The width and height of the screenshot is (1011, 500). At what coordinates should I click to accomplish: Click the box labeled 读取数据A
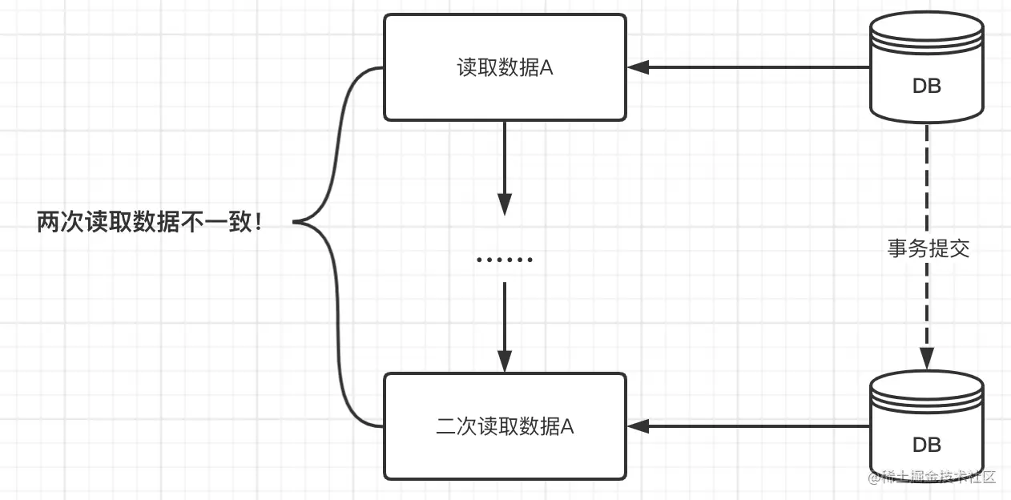coord(505,68)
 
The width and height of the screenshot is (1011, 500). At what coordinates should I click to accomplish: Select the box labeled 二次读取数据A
coord(505,426)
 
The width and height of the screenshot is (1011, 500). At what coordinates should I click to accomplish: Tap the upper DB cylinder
coord(927,68)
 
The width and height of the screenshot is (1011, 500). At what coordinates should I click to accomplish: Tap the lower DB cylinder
coord(927,425)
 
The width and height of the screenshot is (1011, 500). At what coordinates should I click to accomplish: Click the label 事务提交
coord(928,248)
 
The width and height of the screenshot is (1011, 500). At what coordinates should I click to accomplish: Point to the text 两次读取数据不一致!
coord(150,222)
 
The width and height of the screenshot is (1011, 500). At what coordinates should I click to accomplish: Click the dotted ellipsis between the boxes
coord(504,260)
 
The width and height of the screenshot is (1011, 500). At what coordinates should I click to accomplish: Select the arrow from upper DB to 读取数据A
coord(753,68)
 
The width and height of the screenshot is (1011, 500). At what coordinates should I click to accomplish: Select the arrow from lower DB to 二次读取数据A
coord(753,426)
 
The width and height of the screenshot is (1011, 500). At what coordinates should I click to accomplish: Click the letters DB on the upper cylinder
coord(927,87)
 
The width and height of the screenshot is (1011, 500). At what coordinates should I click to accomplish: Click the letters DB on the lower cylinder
coord(927,444)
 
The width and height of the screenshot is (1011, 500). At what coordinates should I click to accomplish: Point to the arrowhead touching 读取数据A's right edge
coord(638,68)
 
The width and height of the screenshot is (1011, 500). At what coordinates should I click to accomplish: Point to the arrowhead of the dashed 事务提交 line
coord(927,358)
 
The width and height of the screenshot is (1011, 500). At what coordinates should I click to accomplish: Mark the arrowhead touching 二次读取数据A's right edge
coord(638,426)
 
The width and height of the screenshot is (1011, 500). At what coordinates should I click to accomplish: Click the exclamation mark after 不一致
coord(257,223)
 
